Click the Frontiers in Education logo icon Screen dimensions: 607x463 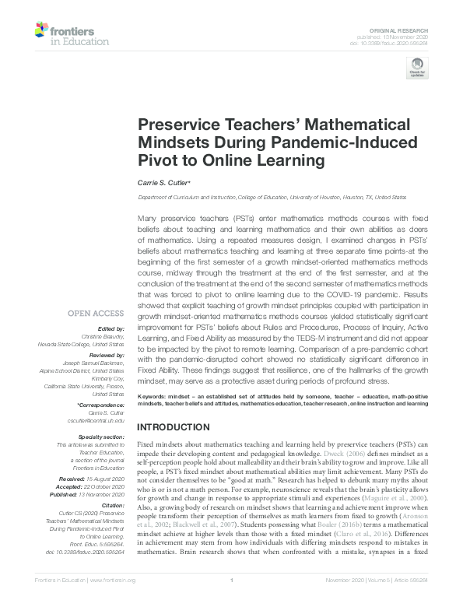(41, 30)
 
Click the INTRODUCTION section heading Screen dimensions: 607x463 (176, 428)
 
